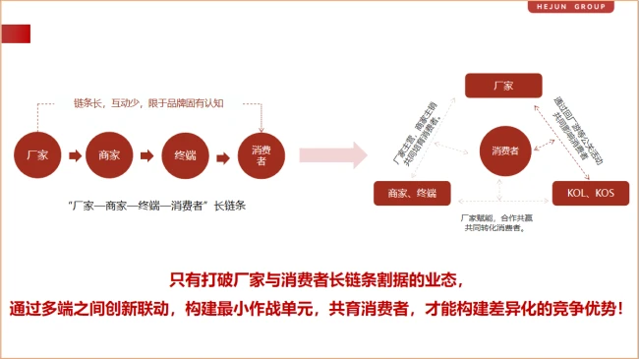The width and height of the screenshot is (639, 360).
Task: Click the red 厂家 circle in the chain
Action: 38,155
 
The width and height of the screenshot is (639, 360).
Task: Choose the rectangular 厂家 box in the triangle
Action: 504,86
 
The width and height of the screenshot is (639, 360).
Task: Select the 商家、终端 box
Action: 412,192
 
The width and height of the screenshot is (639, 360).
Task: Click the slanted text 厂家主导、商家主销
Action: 412,138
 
